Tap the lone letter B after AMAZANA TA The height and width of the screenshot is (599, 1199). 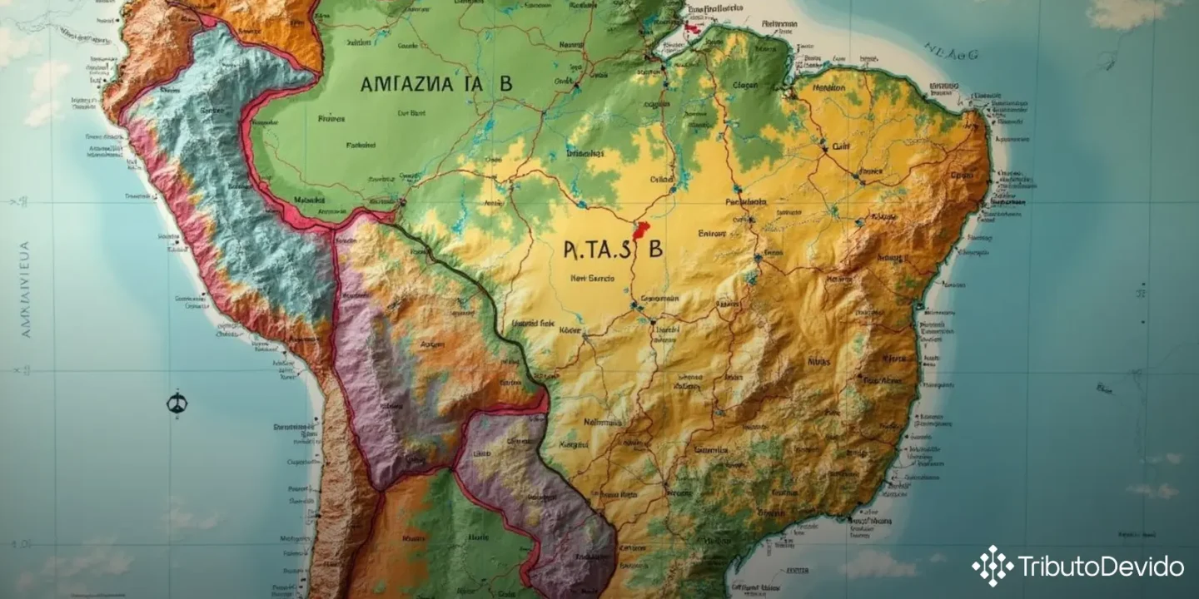click(505, 84)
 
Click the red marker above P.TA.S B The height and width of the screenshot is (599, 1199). click(640, 230)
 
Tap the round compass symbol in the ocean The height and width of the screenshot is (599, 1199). click(177, 403)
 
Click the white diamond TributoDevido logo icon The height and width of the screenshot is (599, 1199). click(992, 566)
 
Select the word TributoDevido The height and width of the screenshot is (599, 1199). click(1101, 567)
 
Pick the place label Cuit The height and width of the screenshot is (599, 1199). click(841, 146)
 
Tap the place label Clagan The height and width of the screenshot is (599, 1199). click(746, 85)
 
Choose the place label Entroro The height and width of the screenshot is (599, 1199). click(713, 234)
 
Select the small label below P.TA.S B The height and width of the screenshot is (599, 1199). click(594, 280)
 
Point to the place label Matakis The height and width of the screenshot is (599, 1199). click(310, 200)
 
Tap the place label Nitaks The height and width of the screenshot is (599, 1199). click(818, 362)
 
